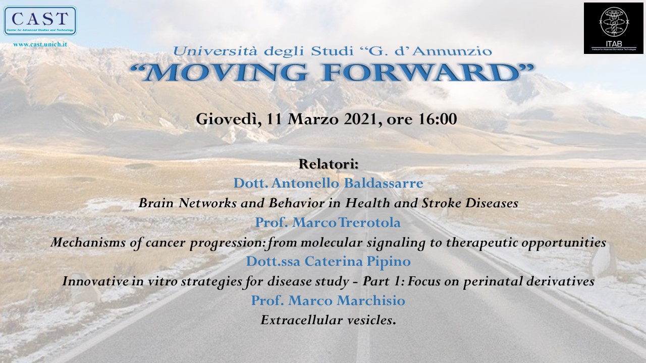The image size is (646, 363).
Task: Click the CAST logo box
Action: (40, 21)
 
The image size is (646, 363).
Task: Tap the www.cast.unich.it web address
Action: (40, 44)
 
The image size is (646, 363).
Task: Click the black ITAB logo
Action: (614, 28)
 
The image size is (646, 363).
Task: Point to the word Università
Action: (215, 51)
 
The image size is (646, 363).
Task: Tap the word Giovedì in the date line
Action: (229, 119)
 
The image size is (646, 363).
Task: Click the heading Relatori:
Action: (329, 164)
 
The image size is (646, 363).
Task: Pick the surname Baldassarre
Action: (384, 183)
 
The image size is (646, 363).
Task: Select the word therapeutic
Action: (481, 243)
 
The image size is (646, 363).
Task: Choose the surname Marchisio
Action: (371, 300)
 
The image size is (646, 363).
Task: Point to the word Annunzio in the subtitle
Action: (452, 51)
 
